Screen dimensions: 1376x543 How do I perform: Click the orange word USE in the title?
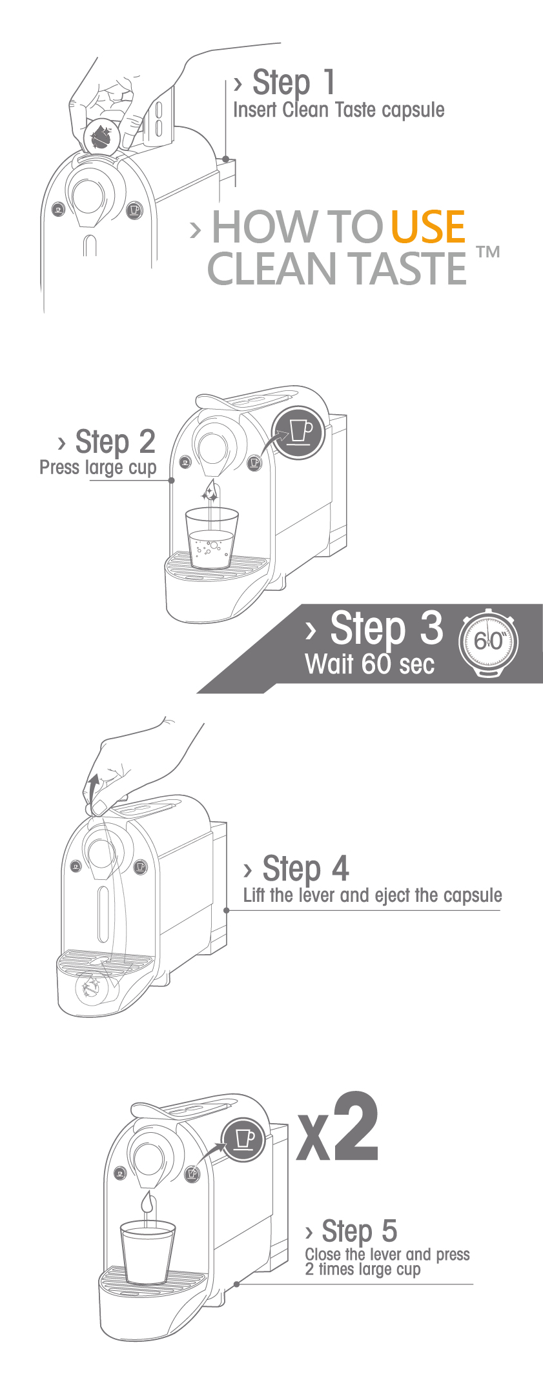pos(428,227)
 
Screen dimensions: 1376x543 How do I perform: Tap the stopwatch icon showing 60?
pos(488,643)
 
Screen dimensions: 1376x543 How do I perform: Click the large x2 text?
pos(338,1129)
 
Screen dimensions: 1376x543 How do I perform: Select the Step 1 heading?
pos(294,83)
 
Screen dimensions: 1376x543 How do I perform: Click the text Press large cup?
pos(97,467)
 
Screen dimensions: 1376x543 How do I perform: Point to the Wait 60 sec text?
pos(369,664)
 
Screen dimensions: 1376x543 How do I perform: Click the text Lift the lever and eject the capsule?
pos(372,895)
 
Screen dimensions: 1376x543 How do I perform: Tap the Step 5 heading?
pos(359,1231)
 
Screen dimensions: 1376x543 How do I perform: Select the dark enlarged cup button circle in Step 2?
pos(298,433)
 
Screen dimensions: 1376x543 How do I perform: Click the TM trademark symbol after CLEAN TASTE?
pos(488,252)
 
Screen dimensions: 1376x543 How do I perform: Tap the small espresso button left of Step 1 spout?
pos(59,210)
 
